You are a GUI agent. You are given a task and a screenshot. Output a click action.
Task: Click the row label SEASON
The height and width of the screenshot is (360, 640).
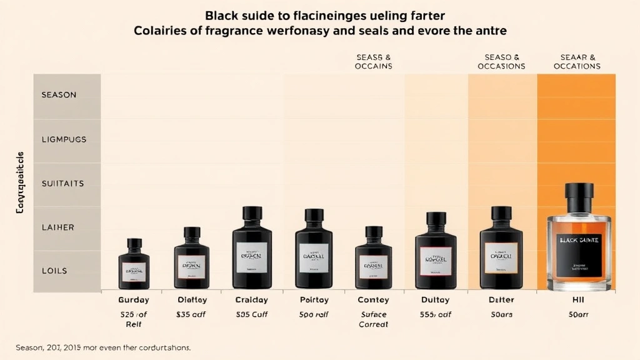point(59,95)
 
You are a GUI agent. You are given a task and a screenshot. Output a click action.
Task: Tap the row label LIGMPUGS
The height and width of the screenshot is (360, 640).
point(63,139)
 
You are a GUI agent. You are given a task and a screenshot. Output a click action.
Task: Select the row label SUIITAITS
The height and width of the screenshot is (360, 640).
point(62,184)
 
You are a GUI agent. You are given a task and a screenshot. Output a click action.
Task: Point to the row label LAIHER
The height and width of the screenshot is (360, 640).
point(57,227)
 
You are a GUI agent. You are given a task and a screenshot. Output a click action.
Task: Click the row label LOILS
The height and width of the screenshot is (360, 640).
point(54,271)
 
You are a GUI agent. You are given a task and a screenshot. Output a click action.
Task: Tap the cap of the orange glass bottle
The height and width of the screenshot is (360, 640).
point(579,198)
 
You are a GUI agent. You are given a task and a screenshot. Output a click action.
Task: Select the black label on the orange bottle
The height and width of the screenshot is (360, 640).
point(579,253)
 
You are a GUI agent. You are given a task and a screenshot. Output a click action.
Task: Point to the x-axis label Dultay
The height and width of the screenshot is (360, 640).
point(436,300)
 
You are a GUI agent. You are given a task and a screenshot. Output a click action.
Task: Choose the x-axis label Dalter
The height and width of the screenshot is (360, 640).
point(501,300)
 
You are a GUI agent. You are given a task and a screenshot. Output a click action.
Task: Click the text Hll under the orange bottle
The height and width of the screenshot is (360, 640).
point(577,300)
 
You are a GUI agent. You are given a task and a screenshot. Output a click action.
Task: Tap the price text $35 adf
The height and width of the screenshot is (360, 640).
point(191,314)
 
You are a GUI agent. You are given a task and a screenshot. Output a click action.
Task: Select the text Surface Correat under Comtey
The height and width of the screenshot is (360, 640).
point(374,319)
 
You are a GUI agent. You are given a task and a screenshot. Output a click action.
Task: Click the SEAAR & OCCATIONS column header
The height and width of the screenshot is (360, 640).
point(577,61)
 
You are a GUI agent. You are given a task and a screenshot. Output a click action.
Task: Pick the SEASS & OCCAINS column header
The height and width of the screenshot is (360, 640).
point(374,61)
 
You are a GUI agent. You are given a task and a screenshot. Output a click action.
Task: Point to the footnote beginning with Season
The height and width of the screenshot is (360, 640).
point(104,346)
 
